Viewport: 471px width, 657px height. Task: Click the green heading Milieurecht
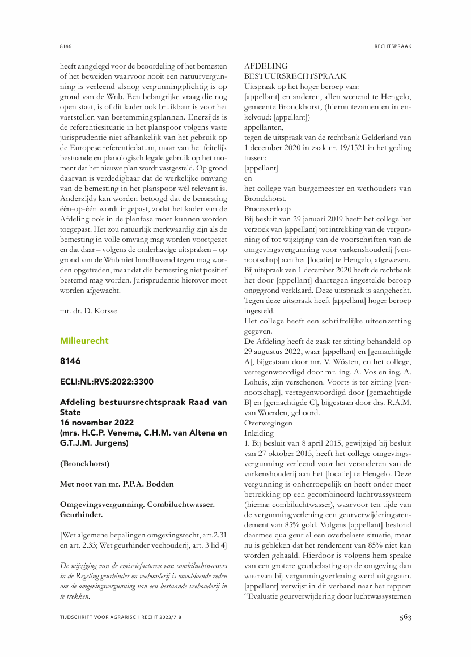click(84, 341)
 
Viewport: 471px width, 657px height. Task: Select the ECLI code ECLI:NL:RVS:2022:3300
click(106, 382)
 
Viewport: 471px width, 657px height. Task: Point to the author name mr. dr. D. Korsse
click(89, 310)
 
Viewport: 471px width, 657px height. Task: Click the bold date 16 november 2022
click(96, 423)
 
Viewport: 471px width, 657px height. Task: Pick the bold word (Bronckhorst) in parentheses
click(84, 464)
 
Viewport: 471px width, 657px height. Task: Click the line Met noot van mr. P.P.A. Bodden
click(117, 484)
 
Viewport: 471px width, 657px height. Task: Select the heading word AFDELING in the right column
click(266, 66)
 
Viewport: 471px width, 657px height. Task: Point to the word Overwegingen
click(268, 423)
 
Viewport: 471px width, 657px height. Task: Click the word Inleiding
click(258, 433)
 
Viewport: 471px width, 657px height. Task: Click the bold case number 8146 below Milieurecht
click(70, 362)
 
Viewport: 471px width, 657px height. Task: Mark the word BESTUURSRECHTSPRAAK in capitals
click(295, 76)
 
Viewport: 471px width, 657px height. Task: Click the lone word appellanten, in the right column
click(264, 127)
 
